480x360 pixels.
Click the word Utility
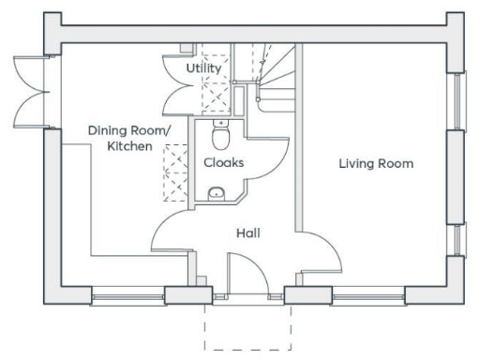tap(203, 68)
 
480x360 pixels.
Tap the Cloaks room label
tap(224, 162)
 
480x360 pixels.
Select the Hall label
tap(248, 232)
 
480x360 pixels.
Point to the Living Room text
tap(375, 164)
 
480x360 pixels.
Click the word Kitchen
tap(129, 146)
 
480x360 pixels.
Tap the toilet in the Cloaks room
tap(220, 137)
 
